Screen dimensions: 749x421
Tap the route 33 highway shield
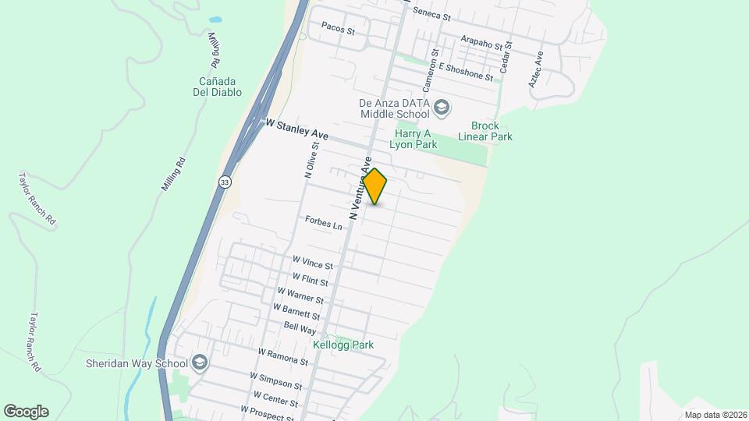click(225, 182)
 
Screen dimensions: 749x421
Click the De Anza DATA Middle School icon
click(442, 107)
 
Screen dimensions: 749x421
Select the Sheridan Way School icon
click(200, 363)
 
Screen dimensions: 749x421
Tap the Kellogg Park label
click(343, 345)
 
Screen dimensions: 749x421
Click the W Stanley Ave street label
click(296, 130)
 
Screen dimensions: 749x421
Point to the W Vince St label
click(312, 262)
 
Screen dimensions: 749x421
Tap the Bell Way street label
click(300, 330)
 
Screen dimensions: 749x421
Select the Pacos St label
click(338, 31)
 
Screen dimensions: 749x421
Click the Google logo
click(26, 412)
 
